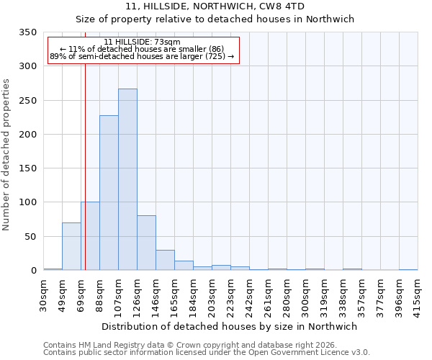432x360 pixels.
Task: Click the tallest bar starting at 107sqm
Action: point(127,180)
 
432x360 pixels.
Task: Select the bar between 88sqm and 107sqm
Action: point(109,193)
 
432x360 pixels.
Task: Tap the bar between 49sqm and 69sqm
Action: point(71,247)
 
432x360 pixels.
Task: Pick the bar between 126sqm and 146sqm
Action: point(146,243)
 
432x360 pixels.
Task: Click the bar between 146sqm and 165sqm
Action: point(165,261)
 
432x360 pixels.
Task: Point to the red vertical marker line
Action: point(85,158)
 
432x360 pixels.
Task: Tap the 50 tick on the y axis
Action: point(30,236)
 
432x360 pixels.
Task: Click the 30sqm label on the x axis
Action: point(44,294)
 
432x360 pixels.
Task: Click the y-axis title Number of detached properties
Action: point(6,155)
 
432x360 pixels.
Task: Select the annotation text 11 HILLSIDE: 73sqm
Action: point(142,42)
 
